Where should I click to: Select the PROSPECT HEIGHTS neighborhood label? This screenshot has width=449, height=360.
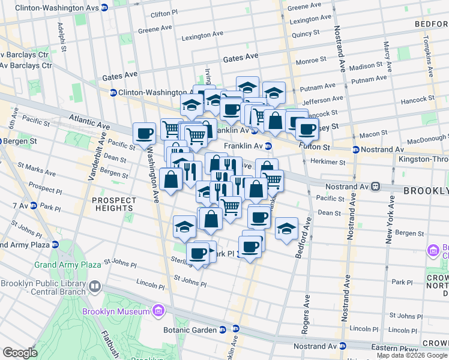pyautogui.click(x=113, y=203)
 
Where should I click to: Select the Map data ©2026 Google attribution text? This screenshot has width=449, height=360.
pyautogui.click(x=412, y=355)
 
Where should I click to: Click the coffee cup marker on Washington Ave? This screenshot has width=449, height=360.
pyautogui.click(x=144, y=134)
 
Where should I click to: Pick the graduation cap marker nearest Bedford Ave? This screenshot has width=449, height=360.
pyautogui.click(x=287, y=229)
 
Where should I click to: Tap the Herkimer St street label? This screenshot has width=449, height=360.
pyautogui.click(x=328, y=162)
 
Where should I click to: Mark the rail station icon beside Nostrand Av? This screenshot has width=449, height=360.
pyautogui.click(x=376, y=187)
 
